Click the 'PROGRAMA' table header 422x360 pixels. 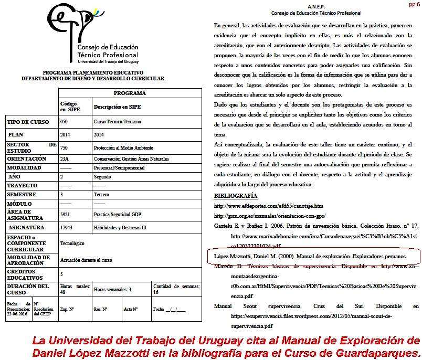[x=129, y=93]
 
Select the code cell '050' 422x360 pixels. [x=65, y=122]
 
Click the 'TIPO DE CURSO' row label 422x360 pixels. [x=28, y=122]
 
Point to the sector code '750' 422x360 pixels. [x=65, y=148]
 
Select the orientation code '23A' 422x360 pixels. [x=65, y=158]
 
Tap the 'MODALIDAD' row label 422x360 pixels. [x=25, y=167]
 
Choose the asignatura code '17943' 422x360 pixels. [x=67, y=228]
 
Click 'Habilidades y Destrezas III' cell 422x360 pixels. [x=120, y=228]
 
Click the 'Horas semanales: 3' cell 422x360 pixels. [x=113, y=289]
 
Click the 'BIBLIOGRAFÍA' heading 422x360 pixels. [x=236, y=196]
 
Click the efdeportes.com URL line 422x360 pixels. [x=268, y=206]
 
